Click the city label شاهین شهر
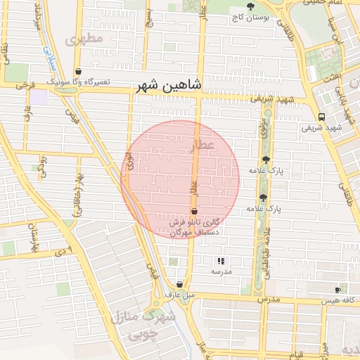point(168,86)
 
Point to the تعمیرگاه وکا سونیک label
point(79,82)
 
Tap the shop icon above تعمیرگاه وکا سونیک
point(78,72)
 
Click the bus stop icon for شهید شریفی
point(321,117)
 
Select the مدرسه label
point(221,271)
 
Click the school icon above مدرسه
point(221,261)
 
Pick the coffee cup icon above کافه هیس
point(338,290)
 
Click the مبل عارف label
point(179,295)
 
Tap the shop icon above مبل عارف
point(180,285)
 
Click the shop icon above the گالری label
point(194,211)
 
